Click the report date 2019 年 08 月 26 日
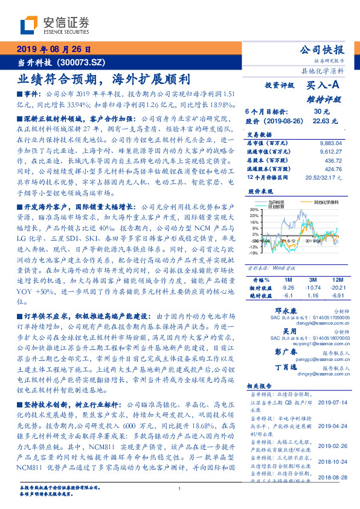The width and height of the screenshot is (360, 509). coord(54,50)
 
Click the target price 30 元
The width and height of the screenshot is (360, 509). coord(321,111)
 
